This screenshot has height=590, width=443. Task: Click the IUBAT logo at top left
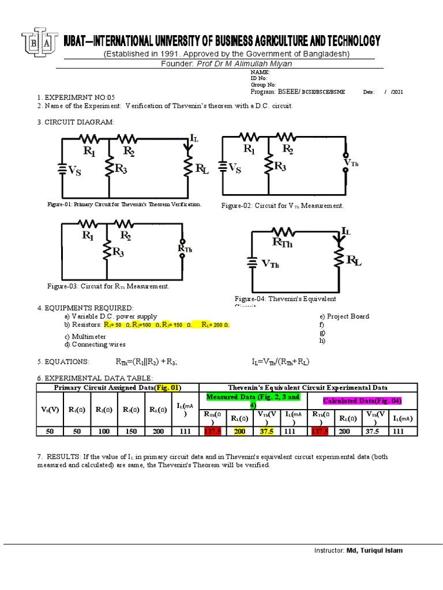(x=39, y=41)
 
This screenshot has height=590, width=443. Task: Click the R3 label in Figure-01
(x=121, y=169)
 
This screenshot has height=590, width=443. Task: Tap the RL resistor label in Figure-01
(x=202, y=169)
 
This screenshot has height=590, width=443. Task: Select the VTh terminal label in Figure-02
(x=351, y=163)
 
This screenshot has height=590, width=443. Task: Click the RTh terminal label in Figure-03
(x=186, y=248)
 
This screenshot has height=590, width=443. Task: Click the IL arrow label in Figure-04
(x=346, y=231)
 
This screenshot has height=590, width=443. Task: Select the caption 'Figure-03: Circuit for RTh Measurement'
(x=108, y=286)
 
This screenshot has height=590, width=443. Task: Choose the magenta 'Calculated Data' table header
(x=362, y=400)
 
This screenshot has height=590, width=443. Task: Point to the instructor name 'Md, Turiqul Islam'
(x=374, y=550)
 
